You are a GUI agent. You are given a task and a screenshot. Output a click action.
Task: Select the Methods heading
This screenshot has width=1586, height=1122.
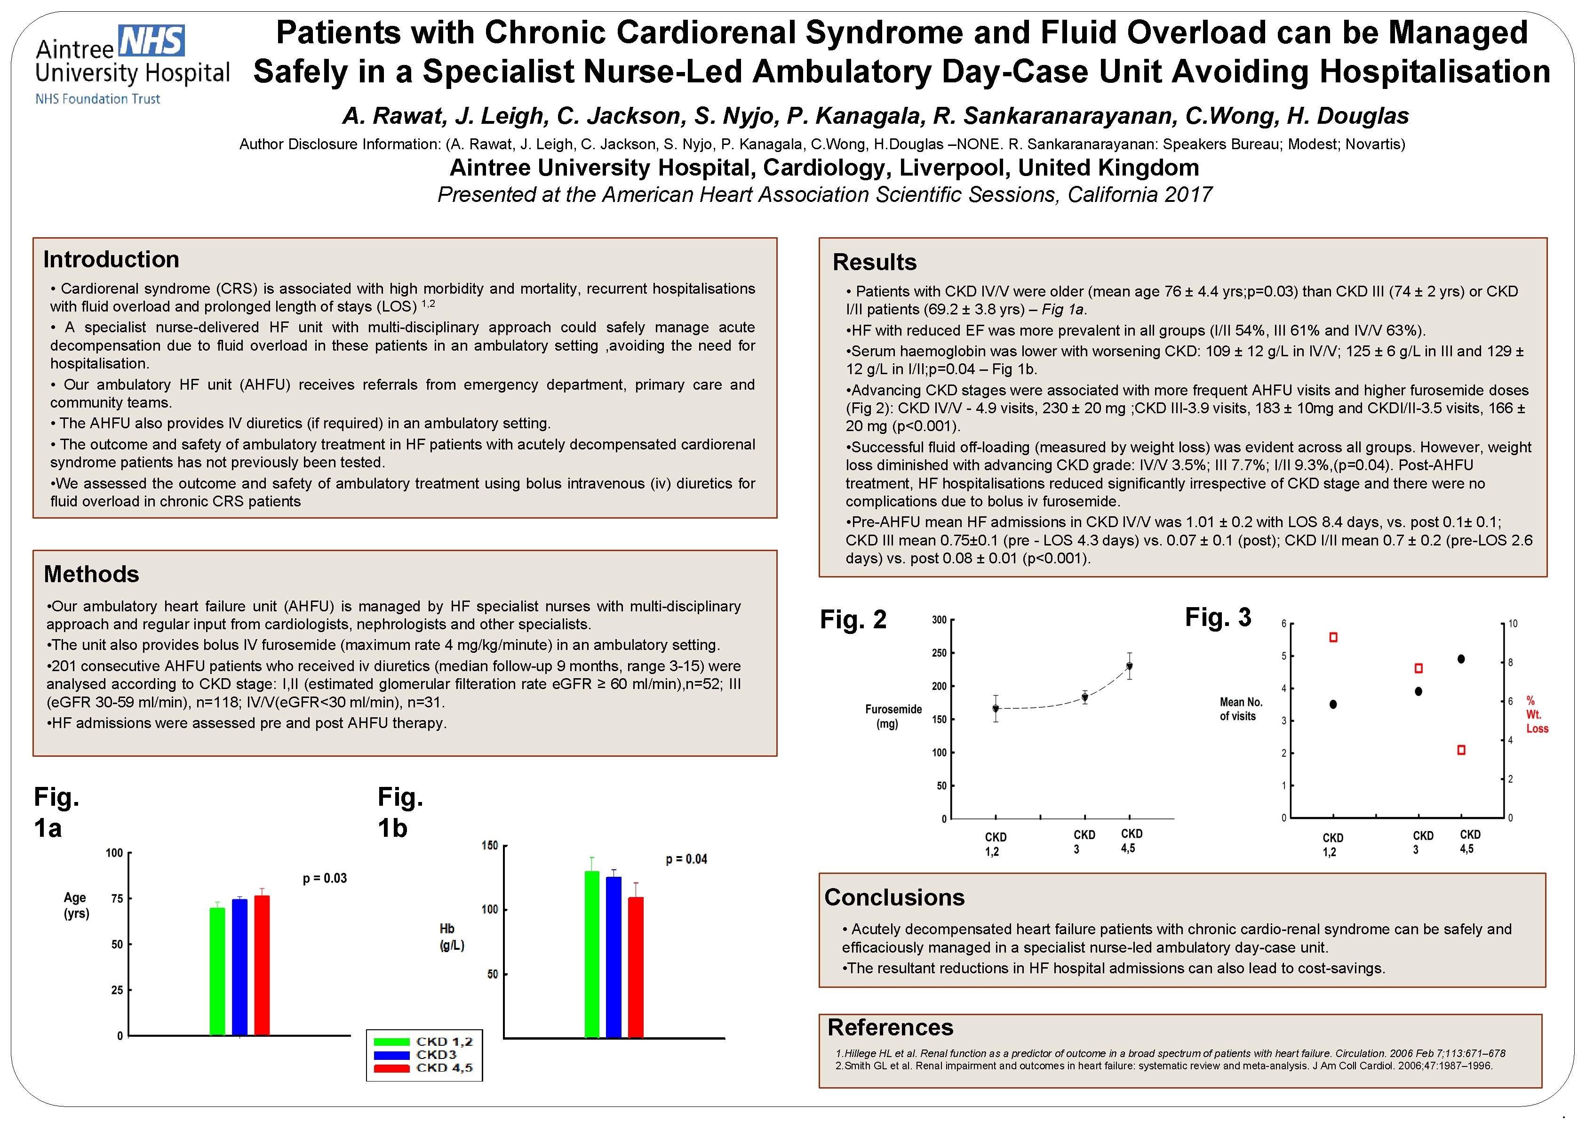[91, 574]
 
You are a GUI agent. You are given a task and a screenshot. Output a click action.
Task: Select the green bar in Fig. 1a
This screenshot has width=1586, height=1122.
[217, 971]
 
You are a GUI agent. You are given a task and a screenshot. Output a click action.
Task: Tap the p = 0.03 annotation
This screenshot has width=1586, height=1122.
[325, 878]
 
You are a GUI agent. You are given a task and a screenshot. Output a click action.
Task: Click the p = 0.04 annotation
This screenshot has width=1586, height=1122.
[686, 859]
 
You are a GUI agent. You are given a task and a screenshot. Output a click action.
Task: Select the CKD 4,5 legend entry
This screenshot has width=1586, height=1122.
[444, 1068]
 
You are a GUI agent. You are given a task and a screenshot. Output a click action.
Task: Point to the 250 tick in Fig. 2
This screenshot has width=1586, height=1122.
[939, 653]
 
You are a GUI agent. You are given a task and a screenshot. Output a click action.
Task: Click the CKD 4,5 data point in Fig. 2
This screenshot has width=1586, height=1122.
[1130, 666]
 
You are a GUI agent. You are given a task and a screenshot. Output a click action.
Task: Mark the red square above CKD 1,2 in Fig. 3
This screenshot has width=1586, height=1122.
[1333, 637]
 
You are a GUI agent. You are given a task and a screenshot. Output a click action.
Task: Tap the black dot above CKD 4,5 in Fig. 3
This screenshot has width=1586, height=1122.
[1461, 658]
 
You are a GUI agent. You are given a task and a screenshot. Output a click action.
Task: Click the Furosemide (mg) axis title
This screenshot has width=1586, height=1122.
[893, 716]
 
